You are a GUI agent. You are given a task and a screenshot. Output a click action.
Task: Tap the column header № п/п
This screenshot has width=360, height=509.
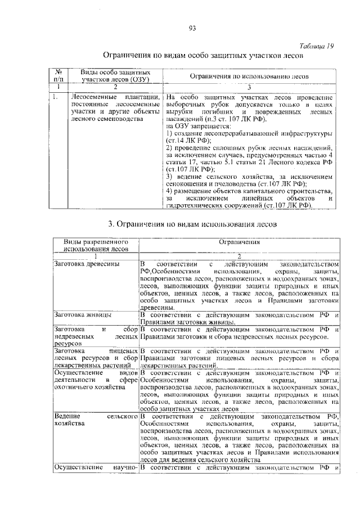pos(58,76)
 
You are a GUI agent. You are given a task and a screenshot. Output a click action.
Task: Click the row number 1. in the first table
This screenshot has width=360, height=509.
pos(56,97)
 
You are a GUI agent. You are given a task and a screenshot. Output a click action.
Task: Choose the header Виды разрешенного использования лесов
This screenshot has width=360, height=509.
pos(96,245)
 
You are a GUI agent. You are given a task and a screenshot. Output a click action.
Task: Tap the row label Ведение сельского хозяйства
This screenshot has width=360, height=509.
pos(96,419)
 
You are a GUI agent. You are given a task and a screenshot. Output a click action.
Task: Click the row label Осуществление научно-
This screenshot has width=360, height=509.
pos(96,467)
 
